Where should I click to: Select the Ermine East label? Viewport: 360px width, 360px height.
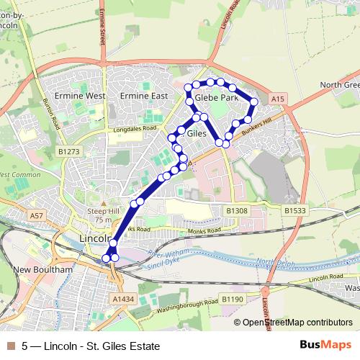(144, 96)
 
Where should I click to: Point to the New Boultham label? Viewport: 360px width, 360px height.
(44, 269)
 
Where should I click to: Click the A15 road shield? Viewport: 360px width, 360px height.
(279, 98)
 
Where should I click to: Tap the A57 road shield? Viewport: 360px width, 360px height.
(37, 215)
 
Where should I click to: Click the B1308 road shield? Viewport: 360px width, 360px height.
(236, 210)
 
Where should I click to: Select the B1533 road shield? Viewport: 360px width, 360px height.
(294, 210)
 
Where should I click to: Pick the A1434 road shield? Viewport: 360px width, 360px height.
(123, 297)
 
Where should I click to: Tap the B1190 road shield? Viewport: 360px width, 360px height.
(232, 298)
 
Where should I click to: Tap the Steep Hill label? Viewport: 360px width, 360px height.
(102, 210)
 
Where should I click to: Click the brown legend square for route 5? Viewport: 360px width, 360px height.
(9, 346)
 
